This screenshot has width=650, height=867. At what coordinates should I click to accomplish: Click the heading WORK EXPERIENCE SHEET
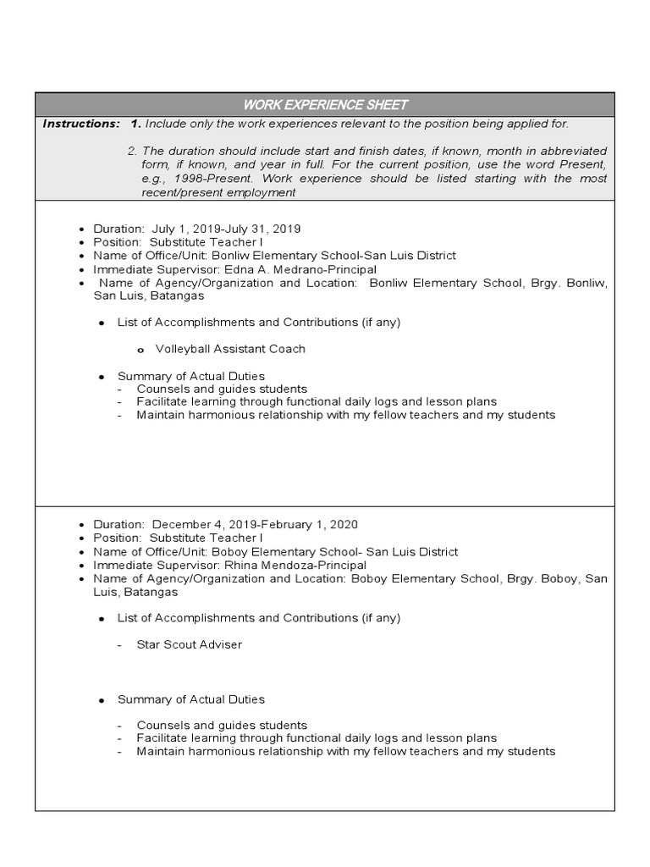point(325,105)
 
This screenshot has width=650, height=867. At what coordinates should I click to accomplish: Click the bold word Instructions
point(81,124)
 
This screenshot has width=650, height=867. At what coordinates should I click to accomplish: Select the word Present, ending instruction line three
point(585,164)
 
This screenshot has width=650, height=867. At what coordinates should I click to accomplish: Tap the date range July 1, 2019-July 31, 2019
point(226,229)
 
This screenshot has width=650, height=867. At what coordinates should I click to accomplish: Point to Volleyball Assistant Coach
point(230,349)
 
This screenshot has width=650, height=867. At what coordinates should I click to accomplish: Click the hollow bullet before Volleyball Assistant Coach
point(140,350)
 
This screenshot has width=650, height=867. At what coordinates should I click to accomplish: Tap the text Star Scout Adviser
point(190,644)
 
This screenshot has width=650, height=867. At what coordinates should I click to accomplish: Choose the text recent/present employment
point(218,192)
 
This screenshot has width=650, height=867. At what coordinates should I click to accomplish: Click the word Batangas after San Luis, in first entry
point(177,295)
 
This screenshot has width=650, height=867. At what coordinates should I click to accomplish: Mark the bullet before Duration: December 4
point(81,525)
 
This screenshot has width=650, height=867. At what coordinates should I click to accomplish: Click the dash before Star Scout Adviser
point(120,645)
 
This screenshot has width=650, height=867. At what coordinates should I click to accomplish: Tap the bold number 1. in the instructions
point(135,124)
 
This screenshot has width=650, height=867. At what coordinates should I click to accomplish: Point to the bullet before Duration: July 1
point(81,229)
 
